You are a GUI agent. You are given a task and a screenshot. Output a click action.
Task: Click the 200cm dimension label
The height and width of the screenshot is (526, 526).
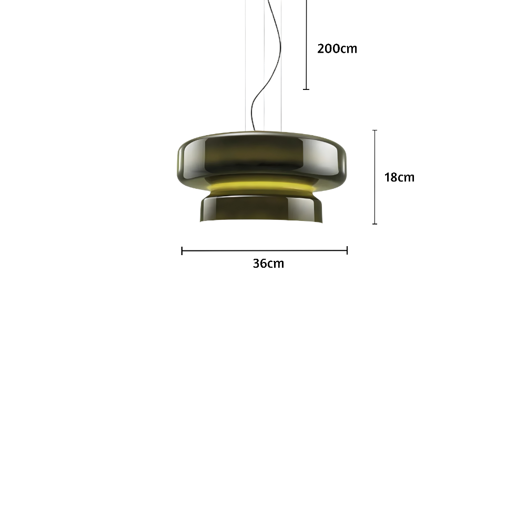tap(337, 48)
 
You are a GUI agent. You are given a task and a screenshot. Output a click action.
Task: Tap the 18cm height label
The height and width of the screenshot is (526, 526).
tap(399, 177)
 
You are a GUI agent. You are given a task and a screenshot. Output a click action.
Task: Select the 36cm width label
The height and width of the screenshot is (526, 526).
tap(268, 264)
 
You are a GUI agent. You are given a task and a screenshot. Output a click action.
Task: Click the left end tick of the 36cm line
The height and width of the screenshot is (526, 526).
tap(182, 250)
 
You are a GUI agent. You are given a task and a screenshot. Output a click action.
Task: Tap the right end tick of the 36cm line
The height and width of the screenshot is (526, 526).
tap(347, 250)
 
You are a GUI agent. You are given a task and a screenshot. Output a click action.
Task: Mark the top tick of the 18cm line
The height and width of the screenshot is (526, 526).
tap(375, 130)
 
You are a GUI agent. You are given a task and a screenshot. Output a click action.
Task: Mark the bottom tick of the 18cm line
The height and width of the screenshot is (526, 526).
tap(375, 224)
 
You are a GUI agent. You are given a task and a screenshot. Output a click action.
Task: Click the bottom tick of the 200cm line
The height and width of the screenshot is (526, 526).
tap(306, 89)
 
